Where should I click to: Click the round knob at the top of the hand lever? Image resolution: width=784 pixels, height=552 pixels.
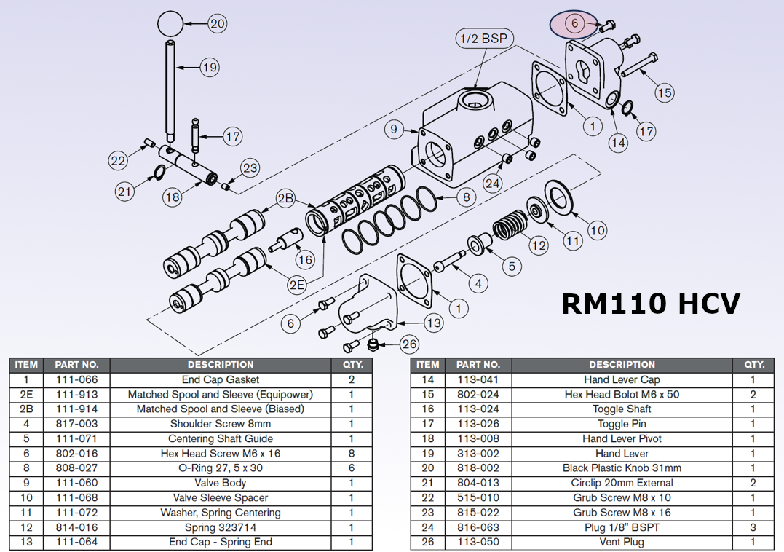click(170, 23)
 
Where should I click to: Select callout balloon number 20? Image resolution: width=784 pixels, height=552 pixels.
click(218, 23)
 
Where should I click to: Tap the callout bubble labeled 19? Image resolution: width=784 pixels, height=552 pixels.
click(210, 68)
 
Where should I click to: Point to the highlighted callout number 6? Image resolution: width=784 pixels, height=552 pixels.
click(574, 23)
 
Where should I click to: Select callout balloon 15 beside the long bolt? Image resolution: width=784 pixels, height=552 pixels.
click(664, 92)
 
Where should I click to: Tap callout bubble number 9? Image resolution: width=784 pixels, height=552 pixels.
click(393, 130)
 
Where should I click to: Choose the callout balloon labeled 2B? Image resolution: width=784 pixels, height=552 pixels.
click(285, 198)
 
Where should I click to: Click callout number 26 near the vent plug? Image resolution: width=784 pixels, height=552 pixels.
click(410, 343)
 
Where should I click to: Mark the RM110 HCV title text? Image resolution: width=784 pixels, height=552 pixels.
click(651, 303)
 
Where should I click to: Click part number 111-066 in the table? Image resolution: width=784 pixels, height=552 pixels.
click(81, 379)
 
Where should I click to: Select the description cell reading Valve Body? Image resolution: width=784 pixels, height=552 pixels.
click(220, 483)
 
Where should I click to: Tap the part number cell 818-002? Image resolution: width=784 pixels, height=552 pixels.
click(478, 468)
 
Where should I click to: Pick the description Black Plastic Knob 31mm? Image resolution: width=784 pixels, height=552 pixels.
click(622, 468)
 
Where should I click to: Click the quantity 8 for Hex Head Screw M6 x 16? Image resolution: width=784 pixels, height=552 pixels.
click(351, 454)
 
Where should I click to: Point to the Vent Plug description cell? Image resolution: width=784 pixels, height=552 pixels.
click(622, 542)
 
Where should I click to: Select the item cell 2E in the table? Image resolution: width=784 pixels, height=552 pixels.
click(26, 394)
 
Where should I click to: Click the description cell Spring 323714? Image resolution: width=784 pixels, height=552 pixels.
click(220, 527)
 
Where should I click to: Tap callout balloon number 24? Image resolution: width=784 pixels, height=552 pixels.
click(493, 183)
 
